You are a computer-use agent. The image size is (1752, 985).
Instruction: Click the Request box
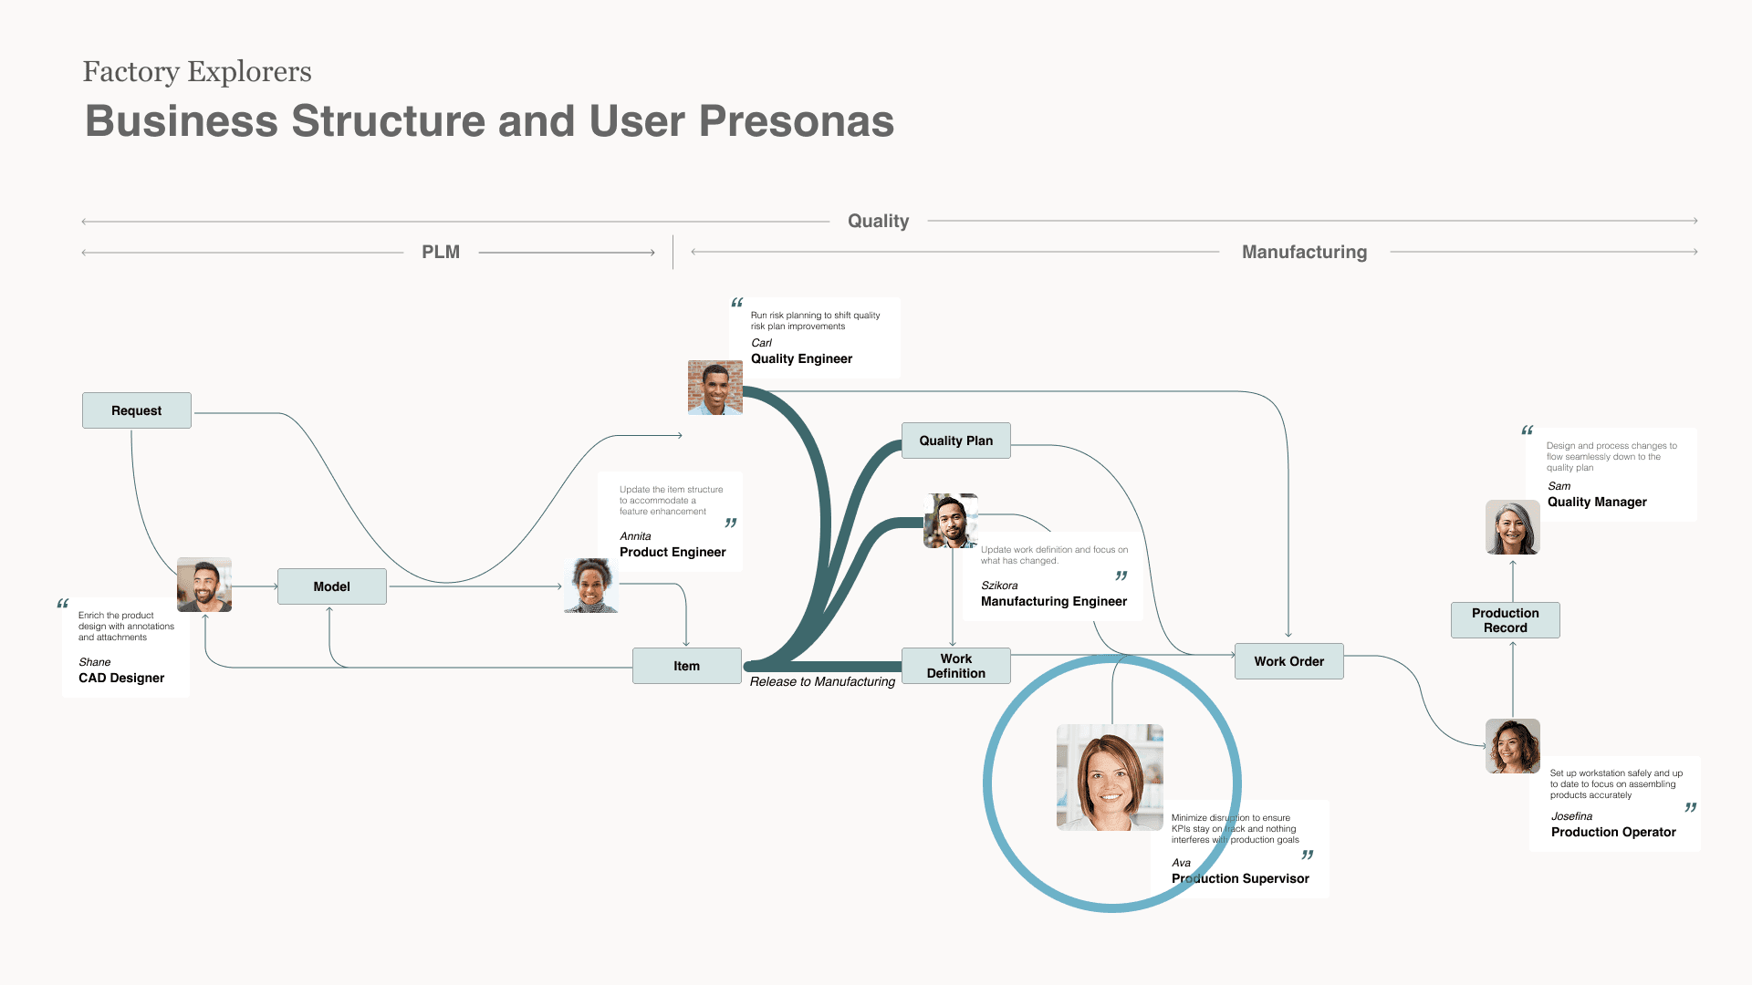click(137, 410)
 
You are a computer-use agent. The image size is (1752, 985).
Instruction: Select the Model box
click(331, 586)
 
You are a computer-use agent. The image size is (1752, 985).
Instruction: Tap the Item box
click(686, 666)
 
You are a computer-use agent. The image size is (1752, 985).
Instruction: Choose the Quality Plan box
click(955, 441)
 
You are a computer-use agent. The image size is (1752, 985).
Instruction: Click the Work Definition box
click(955, 666)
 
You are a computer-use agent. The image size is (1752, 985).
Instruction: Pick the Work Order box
click(1288, 661)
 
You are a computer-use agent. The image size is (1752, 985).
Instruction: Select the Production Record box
click(1505, 620)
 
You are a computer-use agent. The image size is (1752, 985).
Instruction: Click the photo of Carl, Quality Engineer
click(714, 388)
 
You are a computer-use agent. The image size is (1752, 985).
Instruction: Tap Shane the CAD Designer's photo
click(204, 585)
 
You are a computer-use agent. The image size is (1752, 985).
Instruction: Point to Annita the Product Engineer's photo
click(591, 586)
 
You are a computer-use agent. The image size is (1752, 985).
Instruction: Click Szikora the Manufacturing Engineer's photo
click(950, 521)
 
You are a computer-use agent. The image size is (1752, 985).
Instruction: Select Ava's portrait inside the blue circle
click(1110, 777)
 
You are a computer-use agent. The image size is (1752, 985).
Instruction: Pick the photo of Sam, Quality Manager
click(1512, 527)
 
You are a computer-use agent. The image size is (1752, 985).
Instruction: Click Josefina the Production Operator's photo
click(1512, 746)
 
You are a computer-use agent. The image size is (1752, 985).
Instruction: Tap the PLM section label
click(441, 252)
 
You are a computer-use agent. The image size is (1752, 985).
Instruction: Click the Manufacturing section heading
click(1304, 252)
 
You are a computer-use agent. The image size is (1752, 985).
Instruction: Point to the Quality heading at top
click(878, 221)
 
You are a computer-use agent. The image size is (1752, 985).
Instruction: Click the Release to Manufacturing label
click(822, 681)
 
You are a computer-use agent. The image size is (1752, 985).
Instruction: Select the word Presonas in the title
click(796, 121)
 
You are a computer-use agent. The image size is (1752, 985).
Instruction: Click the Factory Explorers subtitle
click(197, 71)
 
